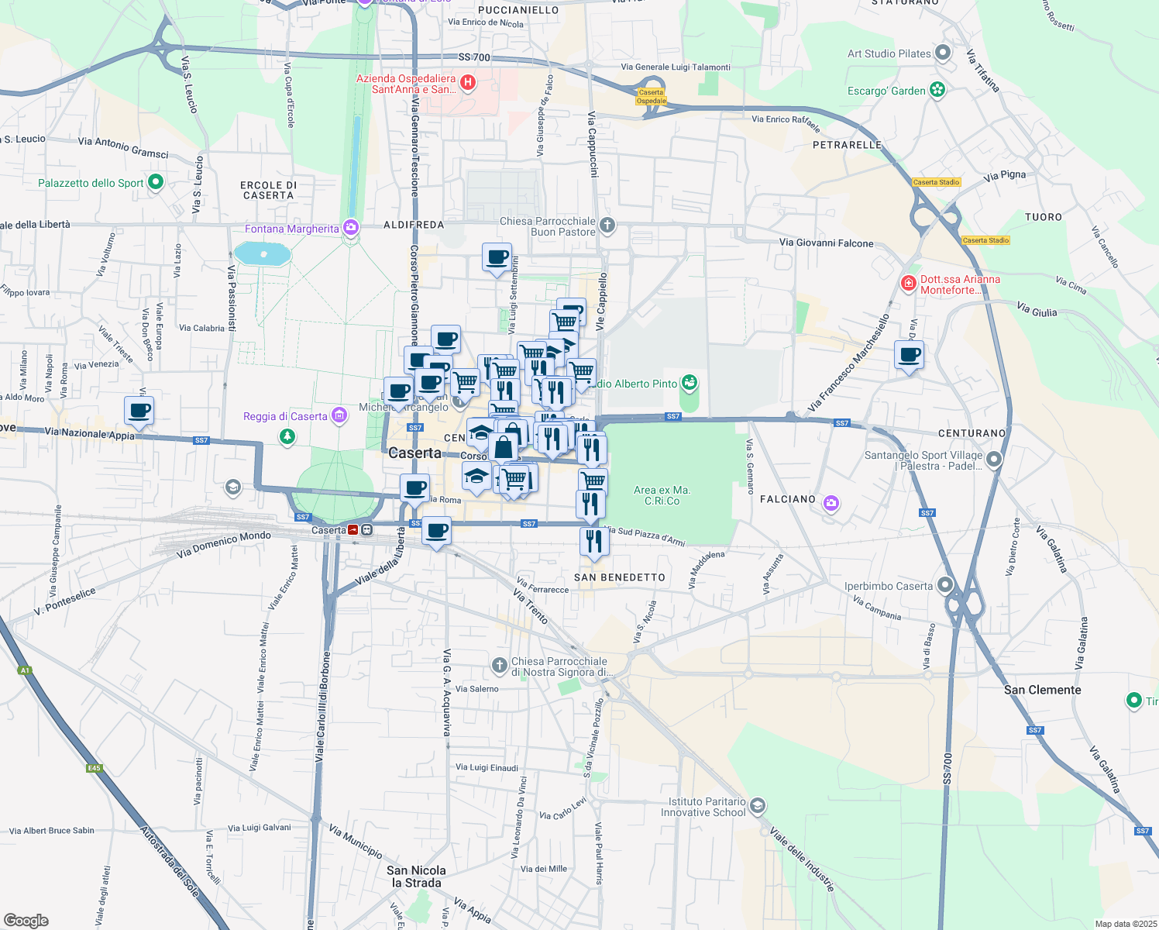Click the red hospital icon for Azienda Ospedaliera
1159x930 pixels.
467,82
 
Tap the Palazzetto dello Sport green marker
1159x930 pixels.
155,182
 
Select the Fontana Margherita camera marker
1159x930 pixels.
351,228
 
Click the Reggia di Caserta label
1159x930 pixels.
285,416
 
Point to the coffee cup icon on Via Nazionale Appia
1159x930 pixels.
139,411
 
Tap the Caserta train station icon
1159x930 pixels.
366,530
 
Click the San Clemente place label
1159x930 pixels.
1042,690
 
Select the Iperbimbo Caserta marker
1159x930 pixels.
944,585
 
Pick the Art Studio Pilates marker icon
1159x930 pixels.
943,53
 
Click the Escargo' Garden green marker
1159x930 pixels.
937,90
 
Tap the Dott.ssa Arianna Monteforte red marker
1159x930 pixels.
908,284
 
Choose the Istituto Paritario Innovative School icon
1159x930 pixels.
758,806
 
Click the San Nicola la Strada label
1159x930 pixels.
416,877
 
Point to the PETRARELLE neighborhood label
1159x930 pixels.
847,145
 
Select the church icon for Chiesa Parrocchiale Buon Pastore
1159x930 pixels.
607,226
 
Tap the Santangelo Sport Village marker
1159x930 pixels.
994,460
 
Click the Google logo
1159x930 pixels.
26,920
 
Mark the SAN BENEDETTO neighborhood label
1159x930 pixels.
620,577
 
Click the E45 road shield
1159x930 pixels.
94,768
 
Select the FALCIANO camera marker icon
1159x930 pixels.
831,504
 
